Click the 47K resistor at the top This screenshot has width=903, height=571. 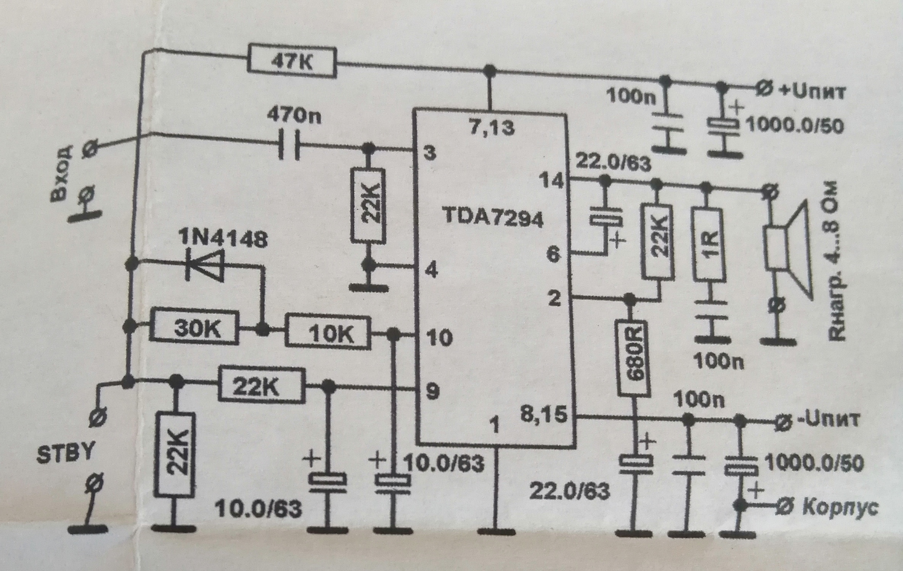tap(292, 63)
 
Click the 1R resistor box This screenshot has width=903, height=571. tap(707, 245)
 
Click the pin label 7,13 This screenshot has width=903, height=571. tap(492, 127)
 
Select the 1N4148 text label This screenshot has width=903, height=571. tap(224, 239)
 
